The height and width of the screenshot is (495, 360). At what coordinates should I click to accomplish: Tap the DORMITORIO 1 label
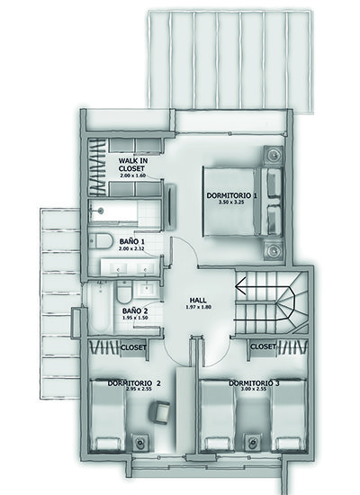click(x=231, y=195)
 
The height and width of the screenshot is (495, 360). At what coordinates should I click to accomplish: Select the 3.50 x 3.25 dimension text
click(x=231, y=204)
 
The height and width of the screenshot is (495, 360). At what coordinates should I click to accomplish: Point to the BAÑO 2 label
click(x=135, y=311)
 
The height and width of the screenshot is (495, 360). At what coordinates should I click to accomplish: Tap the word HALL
click(x=201, y=301)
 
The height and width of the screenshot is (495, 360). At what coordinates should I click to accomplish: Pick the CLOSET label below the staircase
click(x=262, y=346)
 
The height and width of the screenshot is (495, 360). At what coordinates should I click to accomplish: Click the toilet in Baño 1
click(x=100, y=241)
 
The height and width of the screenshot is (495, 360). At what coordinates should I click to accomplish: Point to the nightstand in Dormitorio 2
click(x=141, y=441)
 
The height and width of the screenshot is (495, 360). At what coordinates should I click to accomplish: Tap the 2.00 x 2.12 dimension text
click(x=132, y=248)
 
